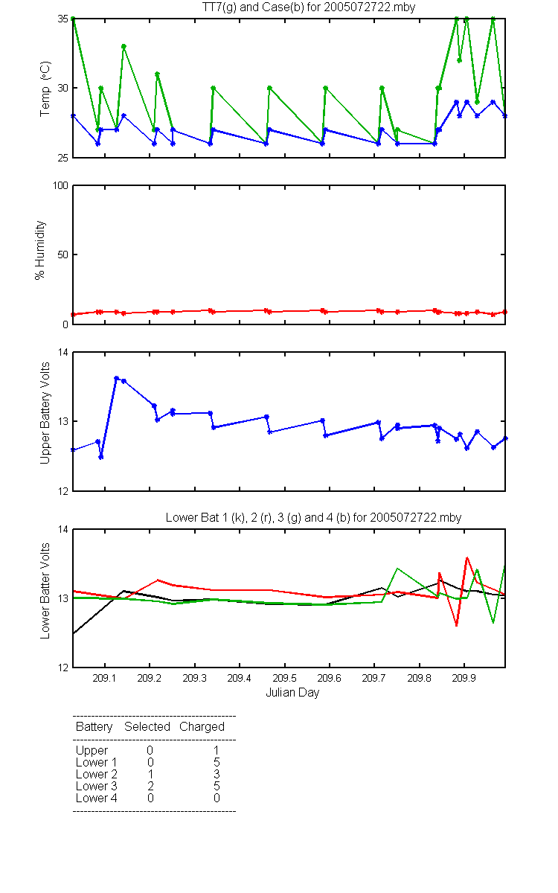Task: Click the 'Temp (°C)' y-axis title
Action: (x=45, y=89)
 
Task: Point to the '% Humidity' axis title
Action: (x=40, y=250)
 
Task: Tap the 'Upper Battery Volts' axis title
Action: (x=45, y=413)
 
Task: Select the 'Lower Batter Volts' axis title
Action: (x=45, y=590)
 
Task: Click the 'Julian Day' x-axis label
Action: (x=292, y=693)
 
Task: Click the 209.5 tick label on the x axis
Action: (x=284, y=678)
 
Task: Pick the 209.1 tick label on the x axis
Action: (x=104, y=678)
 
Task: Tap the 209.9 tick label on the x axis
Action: (x=464, y=678)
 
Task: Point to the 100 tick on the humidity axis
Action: (x=60, y=185)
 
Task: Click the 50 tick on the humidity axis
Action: (x=63, y=255)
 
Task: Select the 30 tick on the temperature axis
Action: (x=63, y=88)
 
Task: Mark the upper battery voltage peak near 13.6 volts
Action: (x=116, y=378)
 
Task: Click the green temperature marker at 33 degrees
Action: (x=124, y=47)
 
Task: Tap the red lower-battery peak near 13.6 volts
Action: (x=466, y=557)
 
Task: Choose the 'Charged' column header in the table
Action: (x=202, y=726)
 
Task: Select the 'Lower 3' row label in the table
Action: (x=97, y=786)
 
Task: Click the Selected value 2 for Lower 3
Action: (x=150, y=786)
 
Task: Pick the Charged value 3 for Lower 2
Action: (x=217, y=774)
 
